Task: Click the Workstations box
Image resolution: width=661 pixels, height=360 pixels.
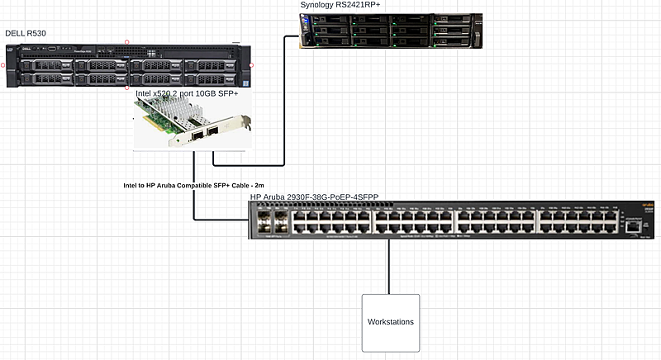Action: tap(390, 321)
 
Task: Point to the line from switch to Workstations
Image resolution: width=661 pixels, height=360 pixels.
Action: tap(389, 266)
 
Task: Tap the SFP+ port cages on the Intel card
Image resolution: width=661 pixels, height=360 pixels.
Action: tap(207, 134)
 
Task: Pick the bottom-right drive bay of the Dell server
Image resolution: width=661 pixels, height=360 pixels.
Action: tap(216, 79)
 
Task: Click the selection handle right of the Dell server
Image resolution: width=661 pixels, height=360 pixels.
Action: tap(251, 64)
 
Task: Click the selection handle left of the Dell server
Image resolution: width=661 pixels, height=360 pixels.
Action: tap(3, 64)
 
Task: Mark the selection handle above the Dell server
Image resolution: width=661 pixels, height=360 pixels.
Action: tap(126, 41)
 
